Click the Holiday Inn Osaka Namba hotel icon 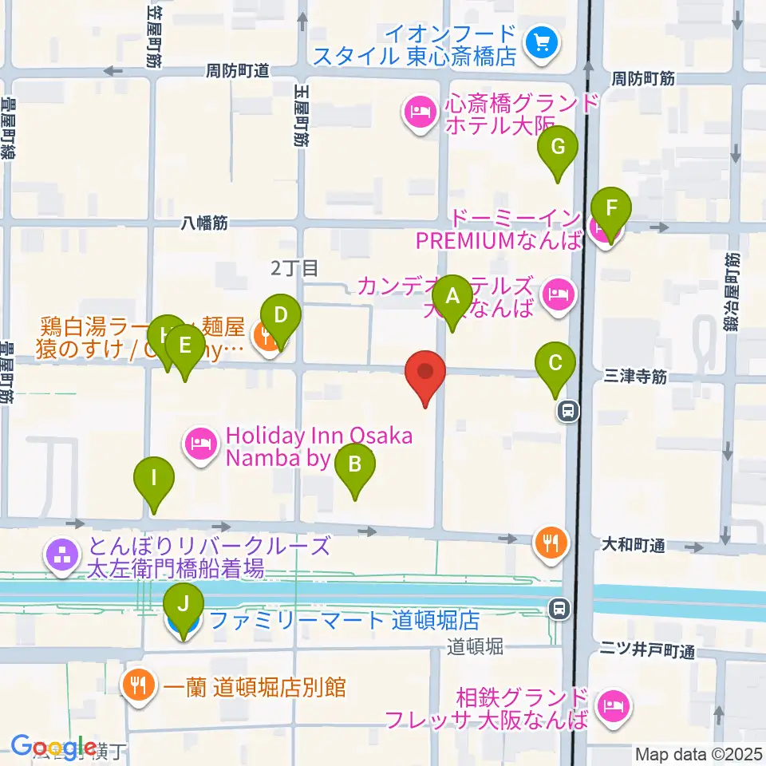coord(200,440)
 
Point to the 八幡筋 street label coord(204,224)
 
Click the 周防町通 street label coord(238,71)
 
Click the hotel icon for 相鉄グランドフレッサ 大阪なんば coord(613,705)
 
